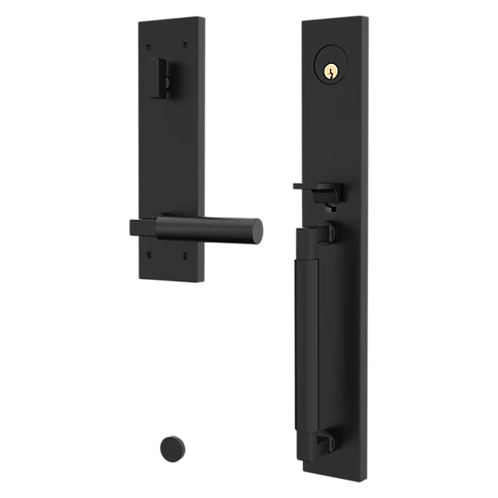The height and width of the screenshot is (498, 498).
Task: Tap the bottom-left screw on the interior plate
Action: tap(149, 254)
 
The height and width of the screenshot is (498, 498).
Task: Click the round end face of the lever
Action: tap(256, 231)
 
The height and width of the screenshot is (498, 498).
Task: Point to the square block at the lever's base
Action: tap(143, 227)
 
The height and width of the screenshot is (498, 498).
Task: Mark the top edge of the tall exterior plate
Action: tap(334, 17)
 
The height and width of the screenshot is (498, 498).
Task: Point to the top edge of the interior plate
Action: tap(169, 19)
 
